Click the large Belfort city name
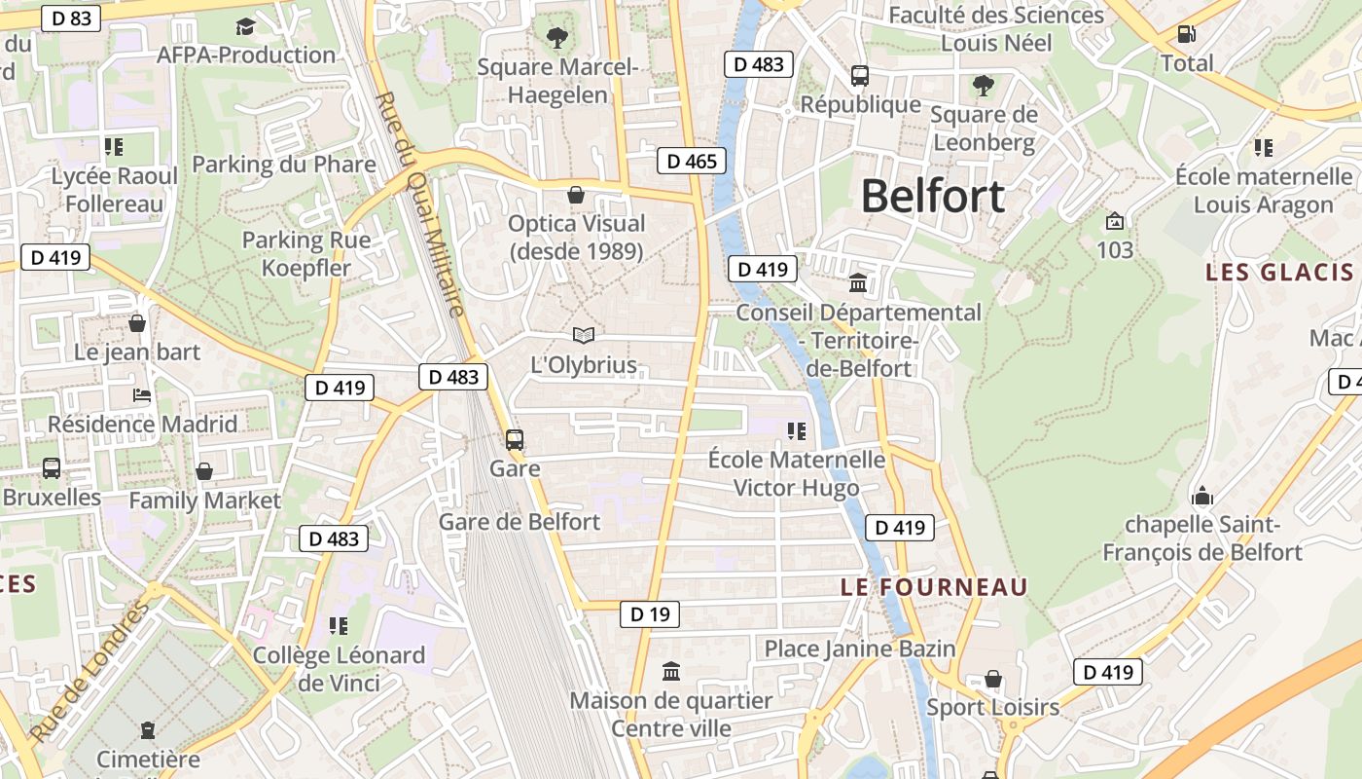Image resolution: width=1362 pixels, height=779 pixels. point(932,197)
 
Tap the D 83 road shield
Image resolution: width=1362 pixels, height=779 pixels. point(71,18)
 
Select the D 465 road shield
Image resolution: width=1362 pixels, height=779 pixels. point(692,161)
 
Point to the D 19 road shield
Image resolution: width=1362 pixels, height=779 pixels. point(650,614)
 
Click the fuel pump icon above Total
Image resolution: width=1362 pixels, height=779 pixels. point(1187,34)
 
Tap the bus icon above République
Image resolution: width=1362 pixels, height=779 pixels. point(860,75)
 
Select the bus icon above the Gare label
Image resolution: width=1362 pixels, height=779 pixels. point(515,440)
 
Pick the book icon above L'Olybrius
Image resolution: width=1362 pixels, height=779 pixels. point(584,336)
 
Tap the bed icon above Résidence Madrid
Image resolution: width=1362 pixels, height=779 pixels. point(142,395)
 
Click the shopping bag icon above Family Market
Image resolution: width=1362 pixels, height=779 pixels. point(204,472)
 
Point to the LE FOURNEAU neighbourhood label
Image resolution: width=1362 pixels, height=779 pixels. point(934,587)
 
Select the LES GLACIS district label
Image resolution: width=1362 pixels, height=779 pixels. point(1279,272)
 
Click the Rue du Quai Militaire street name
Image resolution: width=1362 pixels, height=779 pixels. point(419,204)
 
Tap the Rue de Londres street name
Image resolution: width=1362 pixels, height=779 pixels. point(89,672)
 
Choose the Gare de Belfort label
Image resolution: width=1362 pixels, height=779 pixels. point(520,522)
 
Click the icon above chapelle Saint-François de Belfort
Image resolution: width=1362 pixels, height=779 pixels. point(1202,497)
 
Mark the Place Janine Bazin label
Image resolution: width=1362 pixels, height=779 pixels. point(860,649)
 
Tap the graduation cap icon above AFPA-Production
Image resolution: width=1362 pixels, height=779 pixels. point(245,26)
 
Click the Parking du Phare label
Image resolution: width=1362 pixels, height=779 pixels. point(283,164)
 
